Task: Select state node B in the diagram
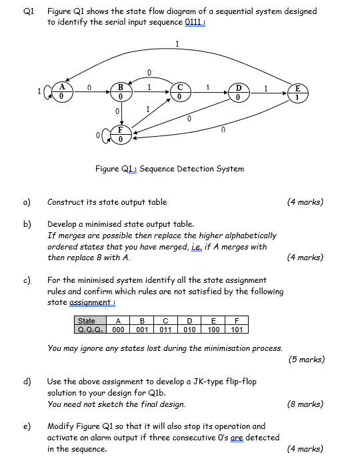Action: point(121,91)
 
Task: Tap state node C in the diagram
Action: point(179,91)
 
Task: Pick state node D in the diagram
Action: point(238,91)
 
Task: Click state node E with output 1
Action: point(298,91)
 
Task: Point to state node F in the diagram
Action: point(121,134)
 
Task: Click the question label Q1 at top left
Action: point(29,11)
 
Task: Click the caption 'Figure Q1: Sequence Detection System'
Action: point(169,169)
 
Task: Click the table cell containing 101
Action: point(237,329)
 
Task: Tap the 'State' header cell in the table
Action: point(87,321)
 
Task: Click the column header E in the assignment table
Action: point(213,321)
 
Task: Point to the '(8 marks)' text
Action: point(305,404)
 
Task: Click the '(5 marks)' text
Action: point(307,360)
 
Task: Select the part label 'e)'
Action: point(28,426)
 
